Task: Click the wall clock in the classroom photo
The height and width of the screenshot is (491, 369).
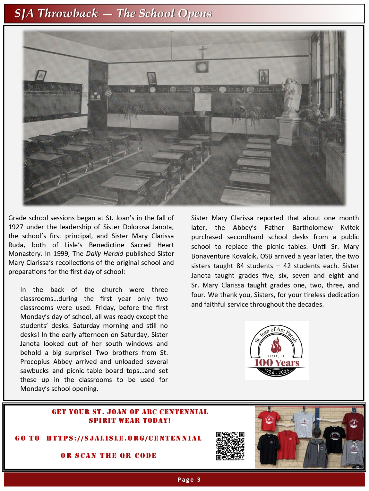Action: click(x=202, y=67)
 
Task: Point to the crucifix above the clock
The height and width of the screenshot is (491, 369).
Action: click(x=202, y=51)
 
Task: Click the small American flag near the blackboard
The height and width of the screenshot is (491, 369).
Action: click(x=108, y=93)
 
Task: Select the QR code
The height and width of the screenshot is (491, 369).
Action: click(x=230, y=446)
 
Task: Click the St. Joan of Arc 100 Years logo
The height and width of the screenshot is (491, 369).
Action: click(x=277, y=350)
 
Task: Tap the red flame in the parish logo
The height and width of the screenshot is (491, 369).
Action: click(x=276, y=345)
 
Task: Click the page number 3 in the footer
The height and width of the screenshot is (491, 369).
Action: click(x=199, y=479)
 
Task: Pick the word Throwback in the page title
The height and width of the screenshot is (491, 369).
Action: click(x=68, y=14)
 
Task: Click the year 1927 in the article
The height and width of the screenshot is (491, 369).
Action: click(x=16, y=227)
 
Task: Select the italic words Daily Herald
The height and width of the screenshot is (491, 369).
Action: click(x=104, y=254)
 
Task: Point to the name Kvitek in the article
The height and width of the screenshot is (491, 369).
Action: click(x=350, y=228)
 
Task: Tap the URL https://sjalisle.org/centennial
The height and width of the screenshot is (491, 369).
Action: click(x=124, y=438)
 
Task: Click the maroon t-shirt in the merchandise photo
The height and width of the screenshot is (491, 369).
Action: click(x=353, y=424)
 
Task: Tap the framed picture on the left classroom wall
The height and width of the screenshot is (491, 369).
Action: click(x=40, y=76)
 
